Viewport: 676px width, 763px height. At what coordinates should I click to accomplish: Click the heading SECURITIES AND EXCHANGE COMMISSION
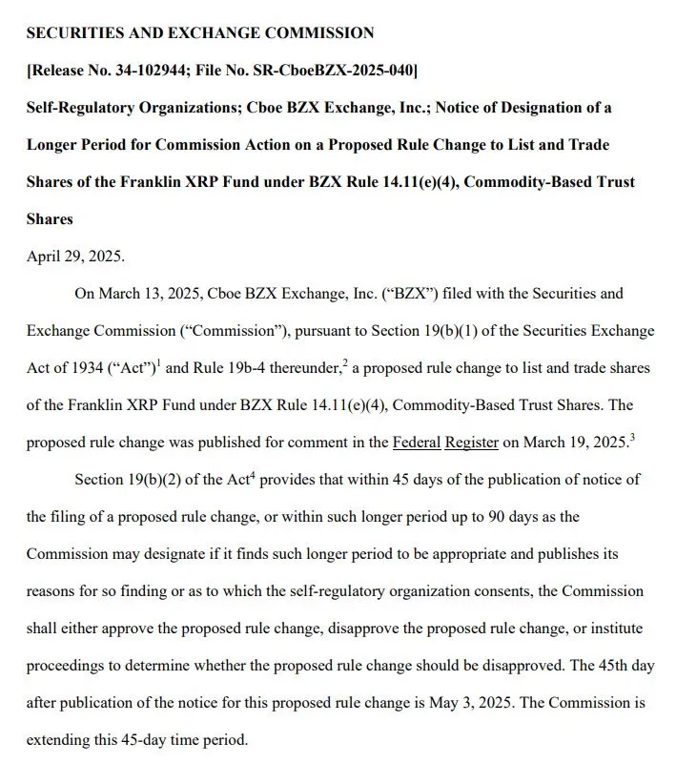(200, 32)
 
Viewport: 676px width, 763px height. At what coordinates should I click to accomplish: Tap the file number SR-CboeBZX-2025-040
(337, 70)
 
